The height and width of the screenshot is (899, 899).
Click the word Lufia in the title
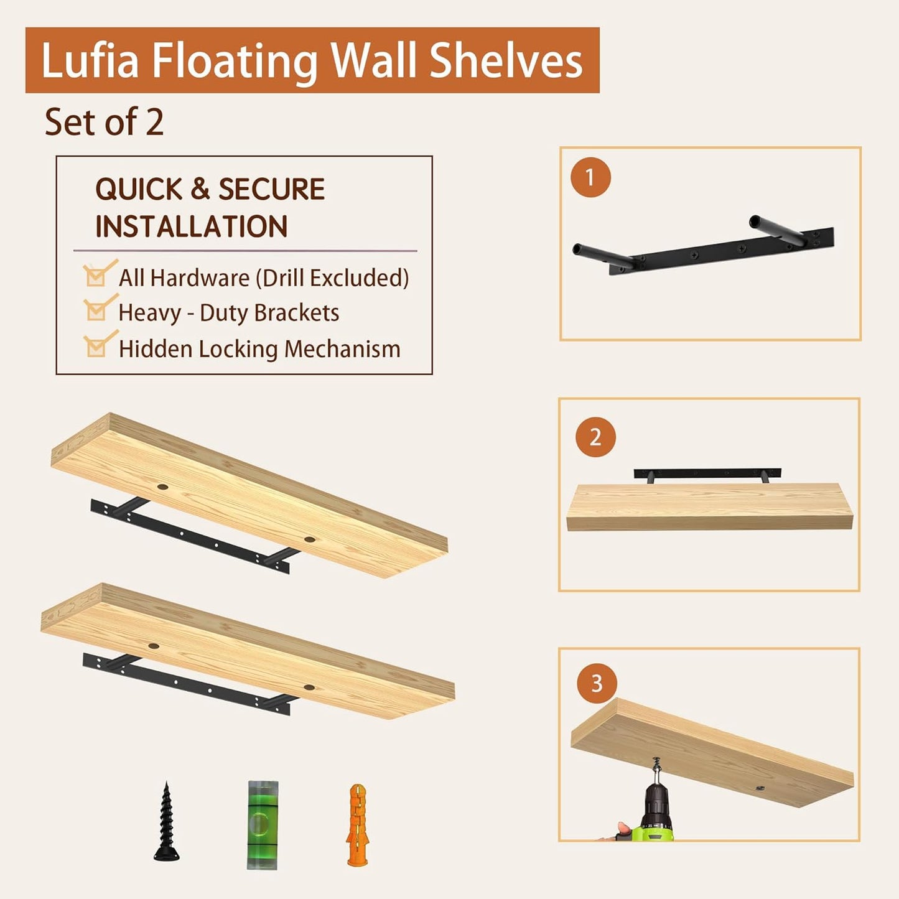click(90, 61)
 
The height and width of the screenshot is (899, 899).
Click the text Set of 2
click(104, 122)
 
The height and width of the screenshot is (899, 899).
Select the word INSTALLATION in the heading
click(191, 226)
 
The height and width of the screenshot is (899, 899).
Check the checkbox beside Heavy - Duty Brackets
click(96, 310)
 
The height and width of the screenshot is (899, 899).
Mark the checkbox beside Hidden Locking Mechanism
click(96, 347)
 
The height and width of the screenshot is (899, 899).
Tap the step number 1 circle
click(590, 177)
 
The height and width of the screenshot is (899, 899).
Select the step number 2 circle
click(595, 437)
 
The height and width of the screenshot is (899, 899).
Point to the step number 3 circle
click(597, 684)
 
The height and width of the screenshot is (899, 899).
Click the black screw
click(166, 822)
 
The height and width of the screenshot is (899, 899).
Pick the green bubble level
click(263, 824)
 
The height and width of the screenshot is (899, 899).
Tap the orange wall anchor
click(357, 825)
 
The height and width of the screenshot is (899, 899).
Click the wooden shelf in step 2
click(709, 507)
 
